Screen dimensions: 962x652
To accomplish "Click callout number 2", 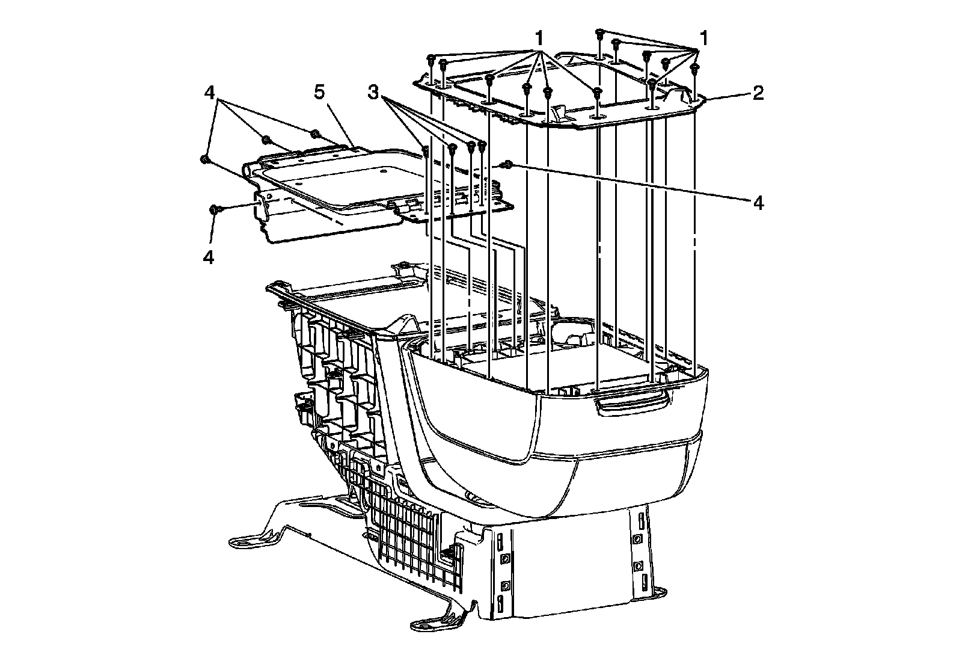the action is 758,93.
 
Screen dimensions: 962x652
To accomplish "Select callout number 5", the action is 319,93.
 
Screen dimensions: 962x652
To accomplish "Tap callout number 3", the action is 374,93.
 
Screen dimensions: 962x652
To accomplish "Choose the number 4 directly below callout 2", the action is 758,203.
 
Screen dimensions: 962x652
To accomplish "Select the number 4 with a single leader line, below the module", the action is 209,257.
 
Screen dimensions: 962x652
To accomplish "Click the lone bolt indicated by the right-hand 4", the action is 509,164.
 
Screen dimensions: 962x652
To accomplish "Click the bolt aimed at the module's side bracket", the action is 214,209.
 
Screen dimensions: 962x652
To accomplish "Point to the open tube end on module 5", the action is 247,170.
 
